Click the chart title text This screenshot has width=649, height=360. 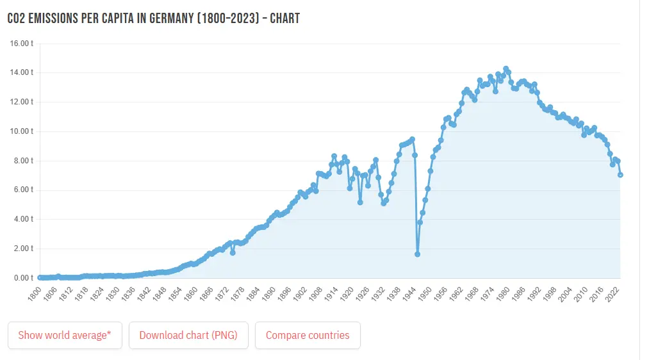pyautogui.click(x=153, y=18)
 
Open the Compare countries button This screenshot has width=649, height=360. pyautogui.click(x=308, y=335)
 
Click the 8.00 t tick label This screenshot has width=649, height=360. pyautogui.click(x=24, y=161)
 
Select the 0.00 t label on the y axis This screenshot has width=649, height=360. pyautogui.click(x=24, y=278)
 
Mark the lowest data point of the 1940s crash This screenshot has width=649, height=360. pyautogui.click(x=417, y=254)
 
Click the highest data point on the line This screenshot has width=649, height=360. pyautogui.click(x=505, y=69)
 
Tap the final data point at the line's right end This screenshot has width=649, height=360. pyautogui.click(x=620, y=175)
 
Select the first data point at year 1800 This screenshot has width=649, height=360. pyautogui.click(x=40, y=277)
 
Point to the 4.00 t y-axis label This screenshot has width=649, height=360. pyautogui.click(x=24, y=219)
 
